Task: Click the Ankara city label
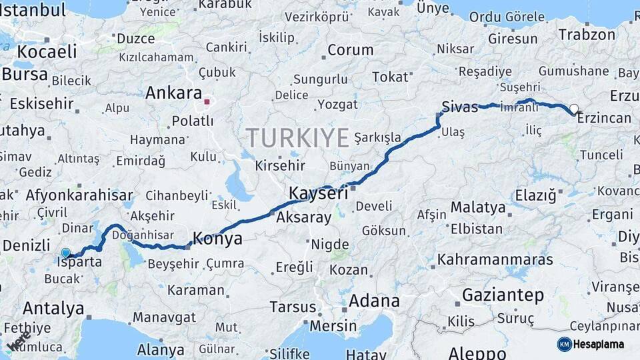coord(173,92)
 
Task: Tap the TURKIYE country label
coord(298,138)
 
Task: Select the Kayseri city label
coord(319,193)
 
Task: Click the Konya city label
coord(217,238)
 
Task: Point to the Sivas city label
coord(459,105)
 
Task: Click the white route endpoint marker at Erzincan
coord(573,109)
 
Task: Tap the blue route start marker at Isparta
coord(65,253)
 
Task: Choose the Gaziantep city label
coord(503,295)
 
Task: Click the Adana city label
coord(374,300)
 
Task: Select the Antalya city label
coord(53,308)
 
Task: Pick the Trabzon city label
coord(587,35)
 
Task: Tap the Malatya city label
coord(478,207)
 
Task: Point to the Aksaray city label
coord(303,217)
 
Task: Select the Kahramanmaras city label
coord(495,259)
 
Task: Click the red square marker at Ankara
coord(207,103)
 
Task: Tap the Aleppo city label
coord(482,353)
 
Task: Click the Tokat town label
coord(389,77)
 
